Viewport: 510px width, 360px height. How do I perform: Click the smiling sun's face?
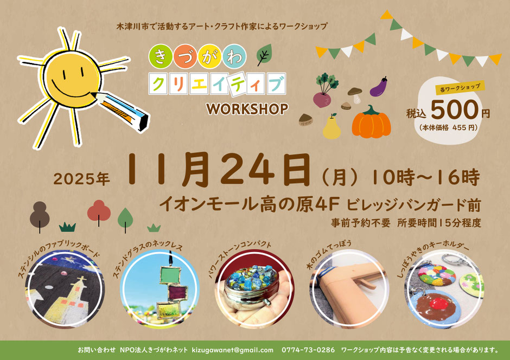point(71,78)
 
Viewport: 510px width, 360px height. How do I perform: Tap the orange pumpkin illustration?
point(371,121)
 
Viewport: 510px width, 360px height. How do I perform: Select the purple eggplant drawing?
point(379,87)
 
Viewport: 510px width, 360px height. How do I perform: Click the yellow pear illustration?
point(331,127)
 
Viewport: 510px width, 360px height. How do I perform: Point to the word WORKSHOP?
point(247,109)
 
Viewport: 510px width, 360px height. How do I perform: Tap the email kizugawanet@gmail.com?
point(233,350)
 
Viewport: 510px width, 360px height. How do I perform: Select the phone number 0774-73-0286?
point(308,350)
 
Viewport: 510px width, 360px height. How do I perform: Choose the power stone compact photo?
point(254,289)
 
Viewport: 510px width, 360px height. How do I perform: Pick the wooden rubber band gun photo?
point(349,289)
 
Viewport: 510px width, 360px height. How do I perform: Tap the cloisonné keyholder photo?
point(444,289)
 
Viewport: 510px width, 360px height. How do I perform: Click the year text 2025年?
point(81,179)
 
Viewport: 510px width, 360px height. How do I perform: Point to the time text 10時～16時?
point(426,177)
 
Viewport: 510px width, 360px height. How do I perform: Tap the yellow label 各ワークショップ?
point(460,88)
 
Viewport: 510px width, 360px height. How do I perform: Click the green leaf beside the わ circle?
point(264,55)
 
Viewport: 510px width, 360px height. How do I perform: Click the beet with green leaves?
point(323,91)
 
